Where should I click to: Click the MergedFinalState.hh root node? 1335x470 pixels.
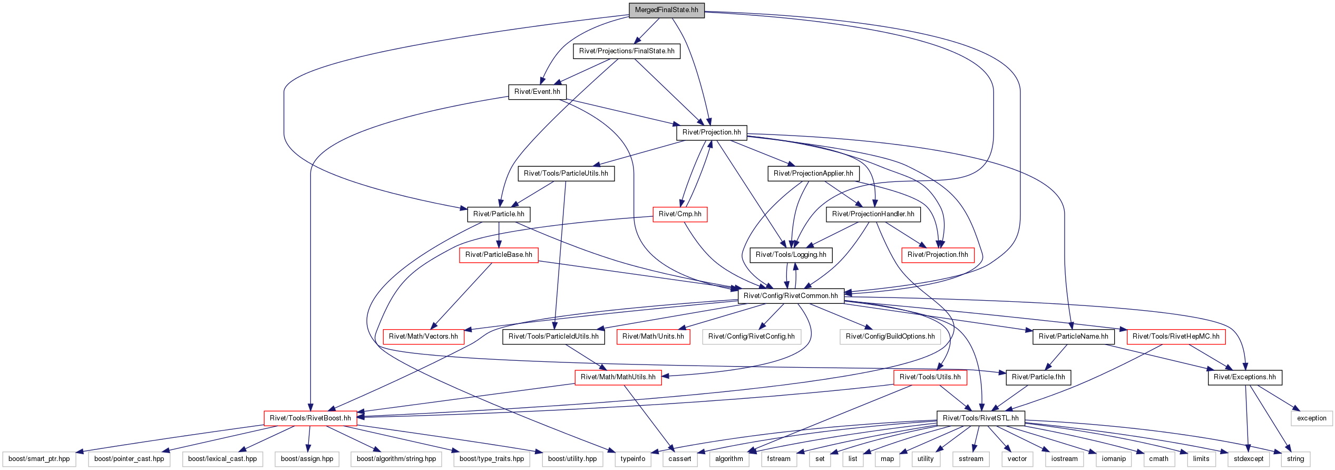coord(666,10)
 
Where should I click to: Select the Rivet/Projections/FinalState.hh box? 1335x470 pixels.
coord(627,51)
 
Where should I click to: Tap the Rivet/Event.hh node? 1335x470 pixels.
coord(537,92)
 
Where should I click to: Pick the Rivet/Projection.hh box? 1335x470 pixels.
coord(712,132)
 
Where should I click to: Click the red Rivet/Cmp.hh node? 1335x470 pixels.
coord(680,214)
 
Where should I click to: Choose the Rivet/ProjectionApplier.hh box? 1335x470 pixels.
coord(813,174)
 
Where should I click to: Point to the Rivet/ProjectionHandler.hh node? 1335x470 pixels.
coord(873,214)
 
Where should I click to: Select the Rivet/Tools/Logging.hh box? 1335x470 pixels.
coord(791,255)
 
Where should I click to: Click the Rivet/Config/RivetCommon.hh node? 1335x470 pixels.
coord(791,296)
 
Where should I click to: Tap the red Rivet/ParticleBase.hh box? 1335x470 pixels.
coord(499,255)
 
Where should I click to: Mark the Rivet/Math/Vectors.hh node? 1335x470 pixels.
coord(423,337)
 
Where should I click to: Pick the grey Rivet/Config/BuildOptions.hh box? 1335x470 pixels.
coord(890,337)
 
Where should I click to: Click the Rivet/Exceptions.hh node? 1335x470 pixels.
coord(1245,377)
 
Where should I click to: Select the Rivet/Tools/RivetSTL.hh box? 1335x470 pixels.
coord(981,418)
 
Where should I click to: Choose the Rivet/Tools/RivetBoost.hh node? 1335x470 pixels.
coord(310,418)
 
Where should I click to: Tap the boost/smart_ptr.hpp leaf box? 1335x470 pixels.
coord(39,459)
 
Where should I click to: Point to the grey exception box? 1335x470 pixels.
coord(1312,418)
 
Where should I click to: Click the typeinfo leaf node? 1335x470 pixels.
coord(633,459)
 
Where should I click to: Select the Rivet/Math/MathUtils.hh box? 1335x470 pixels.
coord(618,377)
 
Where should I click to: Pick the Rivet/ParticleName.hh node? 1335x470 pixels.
coord(1074,337)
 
